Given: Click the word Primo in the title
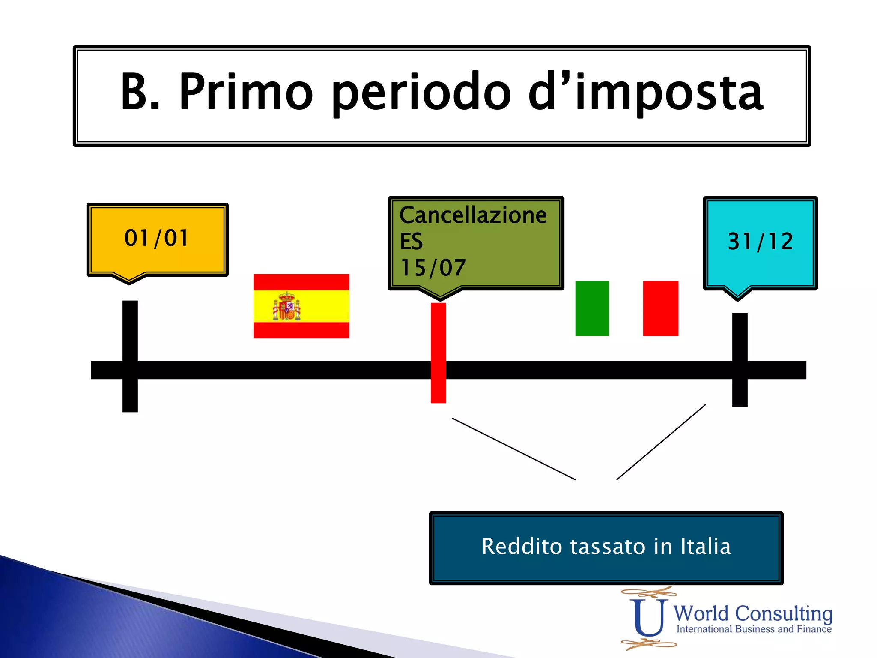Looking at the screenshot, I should (246, 92).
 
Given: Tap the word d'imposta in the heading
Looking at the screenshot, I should (645, 93).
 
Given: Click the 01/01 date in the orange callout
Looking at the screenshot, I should (156, 238).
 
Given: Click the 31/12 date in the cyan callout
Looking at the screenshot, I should (761, 242).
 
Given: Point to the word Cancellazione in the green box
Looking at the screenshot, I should (473, 215).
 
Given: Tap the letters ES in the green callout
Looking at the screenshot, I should (411, 242).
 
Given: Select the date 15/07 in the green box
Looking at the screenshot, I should (433, 268).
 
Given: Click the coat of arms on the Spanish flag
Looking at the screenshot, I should (286, 307).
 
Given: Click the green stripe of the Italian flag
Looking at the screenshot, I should (592, 308).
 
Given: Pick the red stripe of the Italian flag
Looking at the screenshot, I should (660, 308).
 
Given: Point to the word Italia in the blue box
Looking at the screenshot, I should (705, 547).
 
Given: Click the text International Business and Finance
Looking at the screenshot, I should (754, 629).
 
